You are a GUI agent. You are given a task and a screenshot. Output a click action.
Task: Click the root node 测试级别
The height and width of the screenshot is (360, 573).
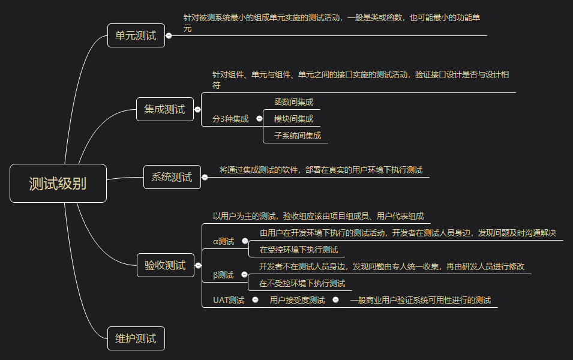(58, 183)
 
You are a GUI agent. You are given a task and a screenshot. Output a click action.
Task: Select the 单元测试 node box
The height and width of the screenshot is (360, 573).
(136, 35)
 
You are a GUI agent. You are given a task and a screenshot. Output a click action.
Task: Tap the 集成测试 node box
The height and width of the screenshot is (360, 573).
(164, 109)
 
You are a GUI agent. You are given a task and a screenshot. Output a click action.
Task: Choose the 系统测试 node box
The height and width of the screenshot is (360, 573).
(172, 176)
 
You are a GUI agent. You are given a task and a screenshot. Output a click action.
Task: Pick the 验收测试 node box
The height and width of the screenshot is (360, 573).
(165, 265)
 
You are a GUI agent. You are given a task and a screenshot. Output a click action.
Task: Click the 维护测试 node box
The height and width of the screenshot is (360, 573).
(136, 338)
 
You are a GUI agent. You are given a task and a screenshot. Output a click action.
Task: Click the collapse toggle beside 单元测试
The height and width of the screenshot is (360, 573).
(169, 35)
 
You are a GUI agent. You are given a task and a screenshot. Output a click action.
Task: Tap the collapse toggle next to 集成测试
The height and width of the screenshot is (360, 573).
(197, 109)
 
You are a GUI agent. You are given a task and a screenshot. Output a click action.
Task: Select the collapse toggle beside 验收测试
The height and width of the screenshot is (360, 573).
(198, 265)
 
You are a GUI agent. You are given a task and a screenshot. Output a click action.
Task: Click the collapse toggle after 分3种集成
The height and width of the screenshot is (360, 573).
(259, 118)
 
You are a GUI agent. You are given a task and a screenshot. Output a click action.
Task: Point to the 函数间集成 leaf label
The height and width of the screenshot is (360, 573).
(293, 102)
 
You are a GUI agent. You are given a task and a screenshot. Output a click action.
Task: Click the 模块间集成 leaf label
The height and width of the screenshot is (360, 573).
(293, 119)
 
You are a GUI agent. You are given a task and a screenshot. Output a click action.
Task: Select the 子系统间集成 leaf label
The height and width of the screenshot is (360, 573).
(298, 136)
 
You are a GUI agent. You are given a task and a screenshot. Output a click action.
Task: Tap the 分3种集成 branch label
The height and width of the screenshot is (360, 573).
(230, 119)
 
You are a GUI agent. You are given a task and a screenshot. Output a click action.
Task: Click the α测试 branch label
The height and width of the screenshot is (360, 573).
(224, 241)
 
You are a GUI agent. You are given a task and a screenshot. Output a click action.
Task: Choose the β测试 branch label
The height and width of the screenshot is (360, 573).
(224, 275)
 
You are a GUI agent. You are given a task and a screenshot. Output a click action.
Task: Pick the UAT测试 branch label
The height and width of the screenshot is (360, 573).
(229, 300)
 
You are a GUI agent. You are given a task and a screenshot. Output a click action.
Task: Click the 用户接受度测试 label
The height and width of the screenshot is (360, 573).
(297, 300)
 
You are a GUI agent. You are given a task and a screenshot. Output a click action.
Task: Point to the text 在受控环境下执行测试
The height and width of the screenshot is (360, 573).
(299, 250)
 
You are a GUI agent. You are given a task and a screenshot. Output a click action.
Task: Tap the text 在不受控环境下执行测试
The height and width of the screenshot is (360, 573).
(302, 283)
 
